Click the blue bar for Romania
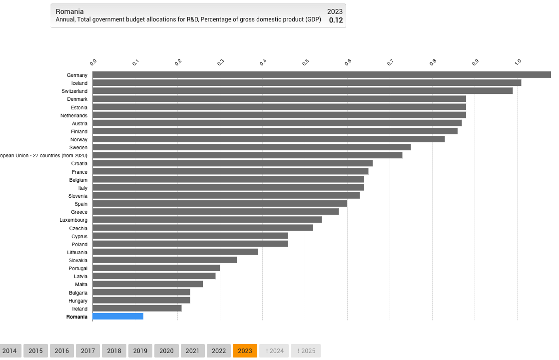(118, 317)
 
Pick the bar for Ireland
(137, 309)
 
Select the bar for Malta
(147, 284)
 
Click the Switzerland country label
(74, 91)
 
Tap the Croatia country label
(79, 164)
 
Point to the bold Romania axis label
(76, 317)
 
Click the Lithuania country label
(77, 253)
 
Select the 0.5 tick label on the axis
(305, 62)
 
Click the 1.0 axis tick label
(518, 62)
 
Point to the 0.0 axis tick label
(93, 62)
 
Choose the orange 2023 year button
(245, 351)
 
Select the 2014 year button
(9, 351)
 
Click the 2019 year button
(140, 351)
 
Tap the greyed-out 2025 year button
(306, 351)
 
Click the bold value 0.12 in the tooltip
(336, 20)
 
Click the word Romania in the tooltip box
(69, 11)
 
